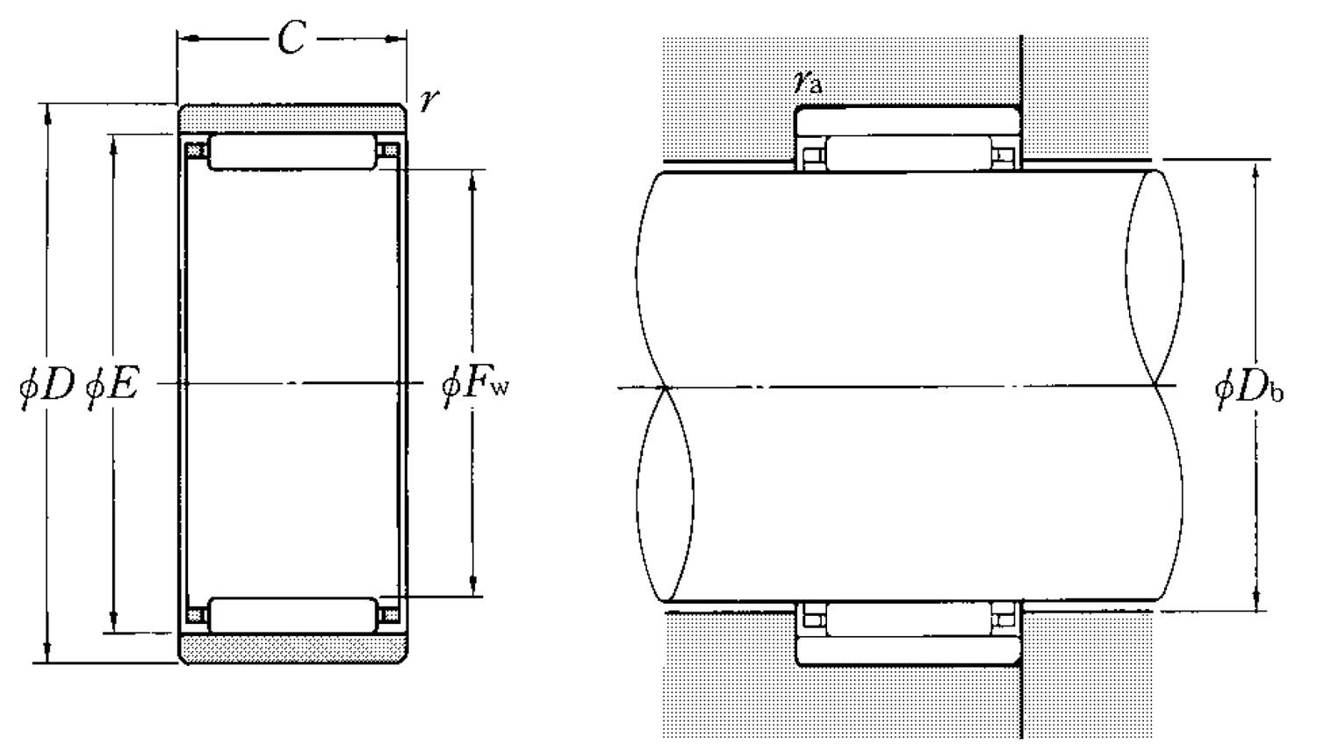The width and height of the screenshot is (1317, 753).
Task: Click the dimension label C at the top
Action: (291, 39)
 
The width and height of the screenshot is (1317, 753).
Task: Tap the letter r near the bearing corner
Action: (428, 100)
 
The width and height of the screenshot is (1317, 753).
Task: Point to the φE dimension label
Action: (112, 385)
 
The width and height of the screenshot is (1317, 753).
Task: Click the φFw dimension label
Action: (474, 385)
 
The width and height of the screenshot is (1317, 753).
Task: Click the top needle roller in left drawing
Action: (292, 152)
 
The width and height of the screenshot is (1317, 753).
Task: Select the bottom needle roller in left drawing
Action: (292, 614)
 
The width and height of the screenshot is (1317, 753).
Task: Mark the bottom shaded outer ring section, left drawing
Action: (292, 648)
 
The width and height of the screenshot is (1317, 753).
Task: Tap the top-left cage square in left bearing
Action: (195, 150)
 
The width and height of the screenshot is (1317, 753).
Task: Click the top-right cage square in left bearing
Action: (389, 150)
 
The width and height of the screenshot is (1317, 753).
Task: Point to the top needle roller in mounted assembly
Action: (908, 154)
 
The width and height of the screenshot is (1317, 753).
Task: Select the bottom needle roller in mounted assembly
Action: (908, 619)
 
